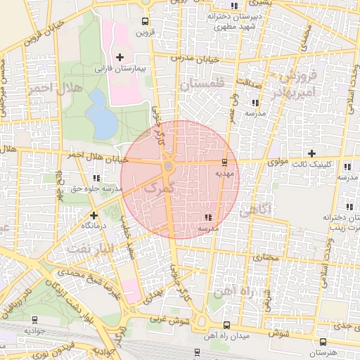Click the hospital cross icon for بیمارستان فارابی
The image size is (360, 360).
[120, 56]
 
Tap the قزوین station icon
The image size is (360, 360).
[145, 21]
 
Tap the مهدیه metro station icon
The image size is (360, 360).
[225, 161]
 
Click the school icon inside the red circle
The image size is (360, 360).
[207, 217]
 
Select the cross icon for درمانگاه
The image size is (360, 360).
[94, 214]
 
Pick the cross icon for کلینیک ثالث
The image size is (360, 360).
[311, 153]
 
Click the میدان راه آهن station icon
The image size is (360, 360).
[226, 325]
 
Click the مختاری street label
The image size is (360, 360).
[265, 258]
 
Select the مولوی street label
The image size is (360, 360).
[279, 162]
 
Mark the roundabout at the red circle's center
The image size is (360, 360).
[169, 167]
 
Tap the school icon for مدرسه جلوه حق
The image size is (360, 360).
[96, 177]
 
